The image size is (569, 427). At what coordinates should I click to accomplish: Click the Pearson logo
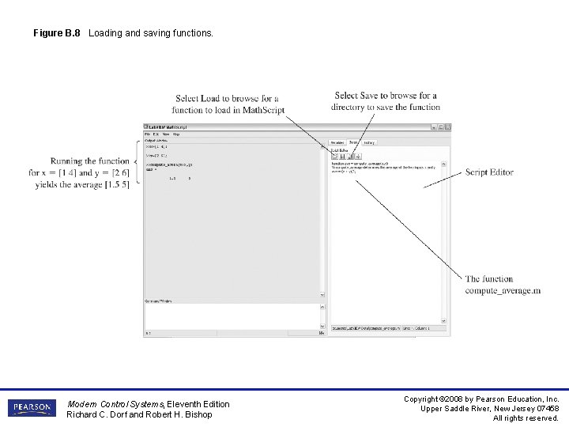[x=32, y=408]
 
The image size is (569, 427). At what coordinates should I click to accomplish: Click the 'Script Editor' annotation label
[x=489, y=172]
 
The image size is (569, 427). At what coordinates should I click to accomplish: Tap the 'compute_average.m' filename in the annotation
[x=503, y=290]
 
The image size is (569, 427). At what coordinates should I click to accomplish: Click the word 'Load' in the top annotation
[x=210, y=99]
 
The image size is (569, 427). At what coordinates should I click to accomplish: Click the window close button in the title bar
[x=447, y=127]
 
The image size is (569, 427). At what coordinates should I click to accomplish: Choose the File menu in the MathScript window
[x=147, y=134]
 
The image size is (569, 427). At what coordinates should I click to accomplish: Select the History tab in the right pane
[x=369, y=143]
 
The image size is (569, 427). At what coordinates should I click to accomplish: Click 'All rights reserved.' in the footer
[x=526, y=418]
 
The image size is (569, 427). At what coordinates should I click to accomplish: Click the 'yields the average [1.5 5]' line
[x=81, y=185]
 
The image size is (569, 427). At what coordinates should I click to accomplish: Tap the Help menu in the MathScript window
[x=175, y=134]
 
